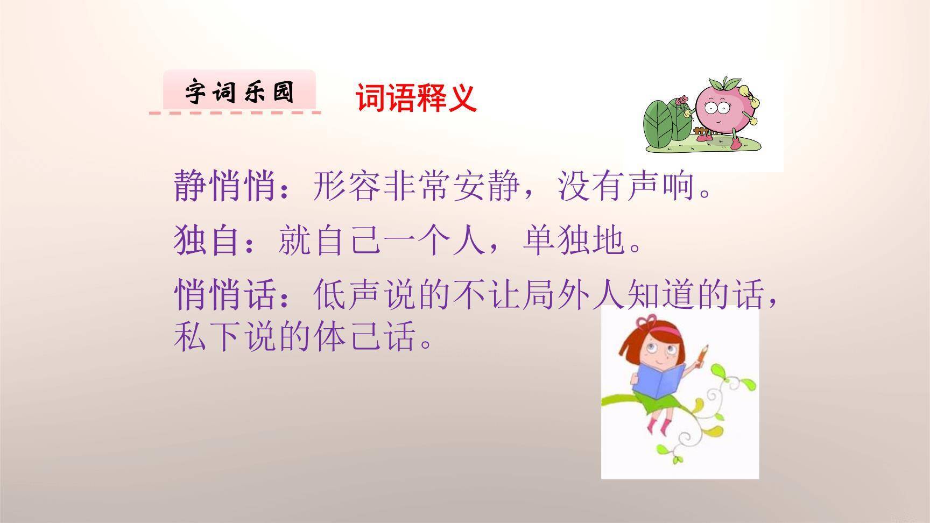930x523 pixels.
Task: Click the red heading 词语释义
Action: click(x=415, y=98)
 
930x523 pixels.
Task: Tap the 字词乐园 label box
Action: click(x=239, y=91)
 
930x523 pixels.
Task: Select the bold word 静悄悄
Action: click(x=225, y=186)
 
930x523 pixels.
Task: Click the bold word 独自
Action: click(x=207, y=240)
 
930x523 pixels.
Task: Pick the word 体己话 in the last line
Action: click(x=365, y=337)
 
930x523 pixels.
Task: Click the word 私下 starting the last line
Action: click(x=207, y=337)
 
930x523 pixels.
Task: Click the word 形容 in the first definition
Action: click(x=347, y=186)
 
